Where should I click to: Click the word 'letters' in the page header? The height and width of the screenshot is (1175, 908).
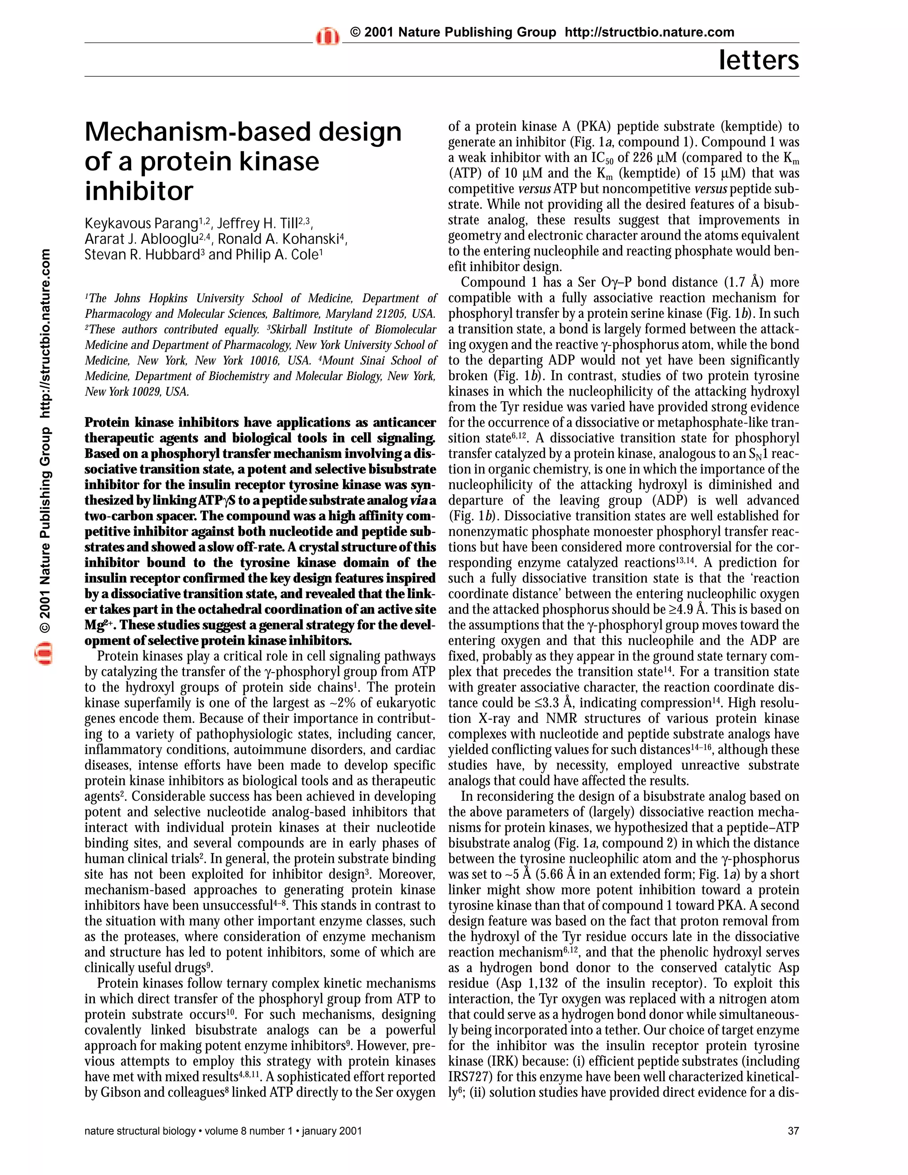(759, 60)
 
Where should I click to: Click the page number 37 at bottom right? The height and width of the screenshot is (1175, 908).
(793, 1131)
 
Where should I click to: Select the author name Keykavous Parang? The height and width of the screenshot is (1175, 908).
(141, 223)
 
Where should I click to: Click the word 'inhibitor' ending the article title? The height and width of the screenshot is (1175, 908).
(138, 191)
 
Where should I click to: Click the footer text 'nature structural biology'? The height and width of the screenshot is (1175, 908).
(140, 1131)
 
